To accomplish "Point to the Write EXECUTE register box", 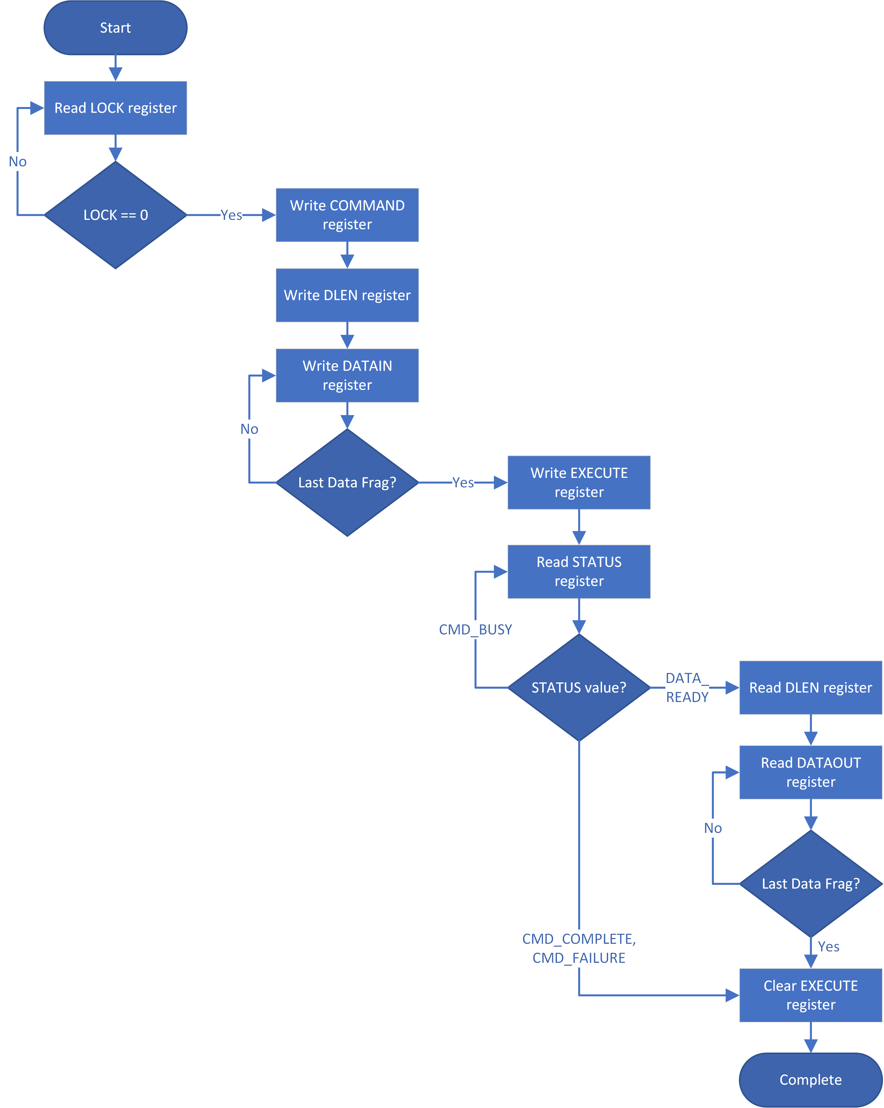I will click(x=579, y=482).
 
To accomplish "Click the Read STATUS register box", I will click(x=579, y=571).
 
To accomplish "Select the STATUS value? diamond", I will click(x=579, y=687).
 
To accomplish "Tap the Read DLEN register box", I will click(x=810, y=687).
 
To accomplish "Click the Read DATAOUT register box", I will click(x=810, y=772).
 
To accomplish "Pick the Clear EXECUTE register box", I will click(x=810, y=995).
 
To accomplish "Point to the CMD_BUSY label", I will click(x=475, y=629).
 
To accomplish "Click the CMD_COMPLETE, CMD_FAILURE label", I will click(x=579, y=948).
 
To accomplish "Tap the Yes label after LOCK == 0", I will click(x=231, y=215).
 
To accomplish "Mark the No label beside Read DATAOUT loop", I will click(x=712, y=828).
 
